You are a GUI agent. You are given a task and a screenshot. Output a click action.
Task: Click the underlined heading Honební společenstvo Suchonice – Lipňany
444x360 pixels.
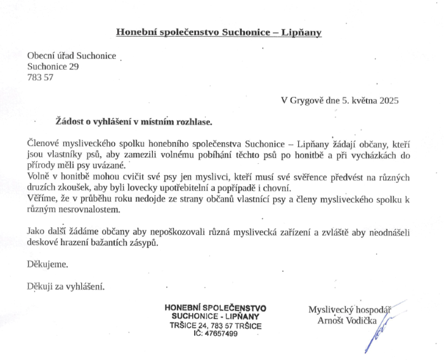tap(219, 32)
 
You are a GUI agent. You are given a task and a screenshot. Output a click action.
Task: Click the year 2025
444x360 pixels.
tap(388, 100)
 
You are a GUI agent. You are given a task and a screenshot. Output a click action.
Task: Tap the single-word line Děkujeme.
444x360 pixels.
tap(47, 263)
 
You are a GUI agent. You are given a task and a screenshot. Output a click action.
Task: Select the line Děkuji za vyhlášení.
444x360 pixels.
tap(65, 286)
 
